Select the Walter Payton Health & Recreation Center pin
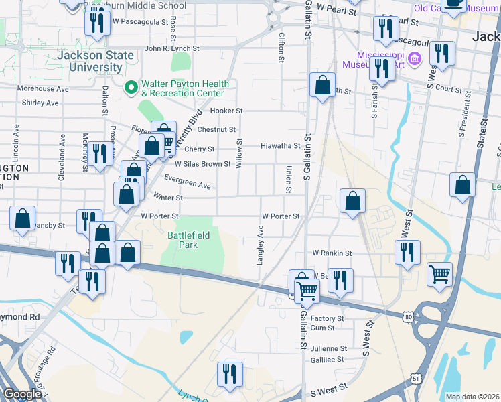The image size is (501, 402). tap(131, 88)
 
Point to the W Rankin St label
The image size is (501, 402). tap(332, 253)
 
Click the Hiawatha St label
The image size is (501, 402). tap(281, 145)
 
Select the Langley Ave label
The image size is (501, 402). tap(260, 245)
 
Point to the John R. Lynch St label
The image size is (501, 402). tap(172, 49)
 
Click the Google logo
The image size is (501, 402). tap(22, 394)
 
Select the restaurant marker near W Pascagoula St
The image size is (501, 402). tap(97, 23)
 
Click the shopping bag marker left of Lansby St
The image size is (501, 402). tap(23, 218)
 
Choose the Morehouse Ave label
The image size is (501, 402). tap(44, 88)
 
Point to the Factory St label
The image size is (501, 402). tap(328, 318)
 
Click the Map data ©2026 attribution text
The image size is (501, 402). tap(472, 397)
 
